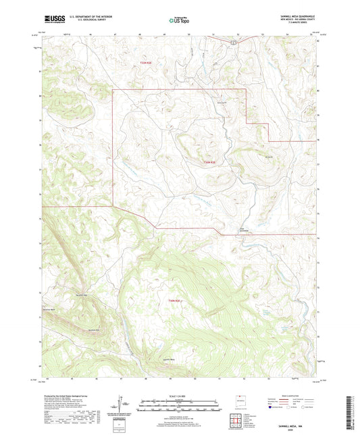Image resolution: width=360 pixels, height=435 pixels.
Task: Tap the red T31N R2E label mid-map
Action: point(209,162)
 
